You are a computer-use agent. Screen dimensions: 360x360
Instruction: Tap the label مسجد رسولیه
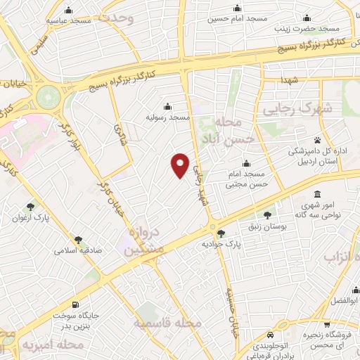point(168,117)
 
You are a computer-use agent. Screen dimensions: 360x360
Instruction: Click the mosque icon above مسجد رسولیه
point(167,106)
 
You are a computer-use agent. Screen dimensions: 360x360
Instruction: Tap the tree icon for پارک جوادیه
point(221,233)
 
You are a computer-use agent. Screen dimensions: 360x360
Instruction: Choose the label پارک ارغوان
point(31,218)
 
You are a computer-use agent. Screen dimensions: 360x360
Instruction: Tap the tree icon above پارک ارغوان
point(30,207)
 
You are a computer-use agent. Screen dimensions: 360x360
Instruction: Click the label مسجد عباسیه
point(69,20)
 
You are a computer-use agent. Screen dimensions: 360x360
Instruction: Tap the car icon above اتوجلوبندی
point(269,335)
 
